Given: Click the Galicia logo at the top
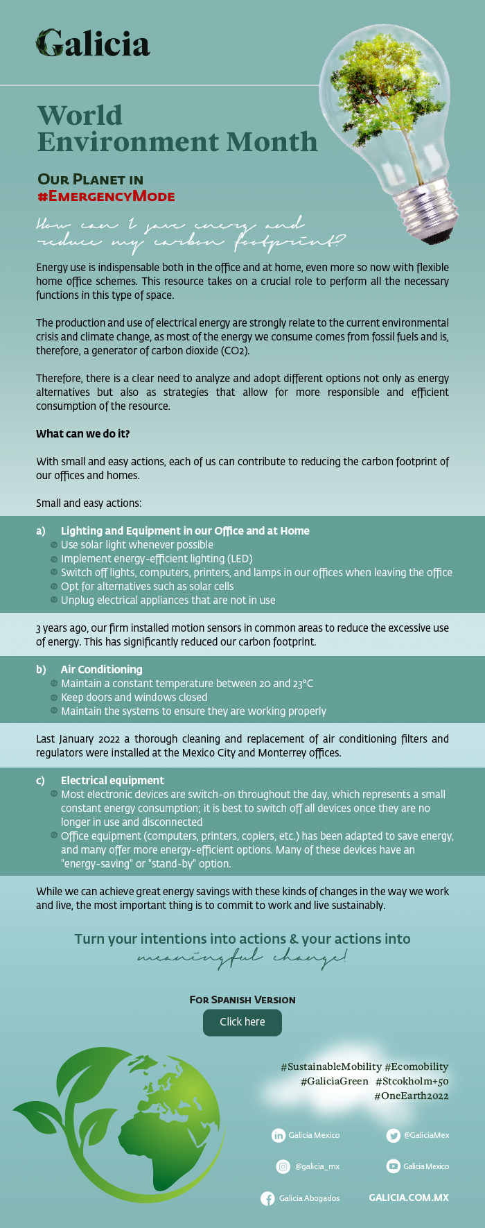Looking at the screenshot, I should coord(93,44).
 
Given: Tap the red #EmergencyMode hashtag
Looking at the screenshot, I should coord(106,196).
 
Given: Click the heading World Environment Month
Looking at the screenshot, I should coord(177,128).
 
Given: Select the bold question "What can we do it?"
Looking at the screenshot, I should coord(83,433).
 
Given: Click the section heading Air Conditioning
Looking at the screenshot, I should coord(101,669).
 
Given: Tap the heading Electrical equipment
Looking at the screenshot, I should coord(112,780).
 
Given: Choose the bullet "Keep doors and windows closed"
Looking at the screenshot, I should coord(134,697).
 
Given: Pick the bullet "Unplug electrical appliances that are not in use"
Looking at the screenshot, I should coord(168,600).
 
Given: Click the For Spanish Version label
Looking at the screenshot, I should coord(242,999).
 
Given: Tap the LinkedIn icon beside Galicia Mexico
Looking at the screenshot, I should coord(279,1135).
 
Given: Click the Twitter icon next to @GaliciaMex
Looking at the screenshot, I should coord(394,1135).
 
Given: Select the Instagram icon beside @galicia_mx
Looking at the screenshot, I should coord(283,1166).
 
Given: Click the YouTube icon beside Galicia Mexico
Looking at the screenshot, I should coord(393,1166).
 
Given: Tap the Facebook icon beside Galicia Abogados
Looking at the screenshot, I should coord(267,1198).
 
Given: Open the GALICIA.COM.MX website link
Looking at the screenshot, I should coord(409,1197).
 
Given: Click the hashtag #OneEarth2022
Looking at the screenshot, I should coord(412,1096).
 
